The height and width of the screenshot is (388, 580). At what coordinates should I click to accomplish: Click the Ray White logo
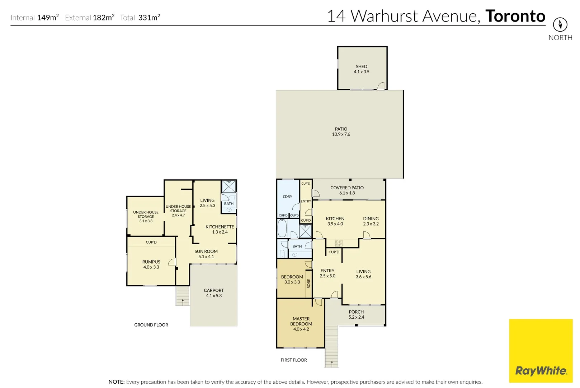click(x=541, y=370)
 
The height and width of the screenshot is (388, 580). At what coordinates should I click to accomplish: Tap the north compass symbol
click(x=560, y=25)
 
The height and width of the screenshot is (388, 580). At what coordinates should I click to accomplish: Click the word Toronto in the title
click(x=515, y=16)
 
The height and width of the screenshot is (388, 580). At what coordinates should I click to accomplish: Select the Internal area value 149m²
click(x=48, y=18)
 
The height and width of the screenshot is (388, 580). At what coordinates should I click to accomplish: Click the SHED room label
click(x=361, y=67)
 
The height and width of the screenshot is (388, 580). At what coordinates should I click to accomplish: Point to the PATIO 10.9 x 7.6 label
click(x=341, y=131)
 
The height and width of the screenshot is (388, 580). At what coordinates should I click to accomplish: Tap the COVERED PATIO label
click(x=347, y=188)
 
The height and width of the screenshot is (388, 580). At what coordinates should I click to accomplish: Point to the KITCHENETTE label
click(x=220, y=227)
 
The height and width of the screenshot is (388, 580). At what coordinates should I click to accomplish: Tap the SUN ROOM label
click(x=206, y=251)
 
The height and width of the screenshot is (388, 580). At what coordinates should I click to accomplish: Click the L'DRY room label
click(x=287, y=197)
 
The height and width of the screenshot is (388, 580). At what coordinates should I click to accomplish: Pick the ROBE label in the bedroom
click(x=308, y=283)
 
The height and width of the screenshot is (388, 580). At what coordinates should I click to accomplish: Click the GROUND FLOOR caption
click(x=151, y=325)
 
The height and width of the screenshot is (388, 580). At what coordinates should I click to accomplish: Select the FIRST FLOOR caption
click(x=293, y=360)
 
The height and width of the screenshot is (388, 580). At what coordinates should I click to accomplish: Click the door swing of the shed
click(x=381, y=86)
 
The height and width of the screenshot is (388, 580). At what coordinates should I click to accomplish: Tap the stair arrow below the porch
click(x=332, y=364)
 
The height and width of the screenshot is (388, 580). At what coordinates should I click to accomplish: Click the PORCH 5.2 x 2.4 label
click(x=356, y=314)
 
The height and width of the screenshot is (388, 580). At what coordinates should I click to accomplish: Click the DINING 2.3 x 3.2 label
click(x=371, y=221)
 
